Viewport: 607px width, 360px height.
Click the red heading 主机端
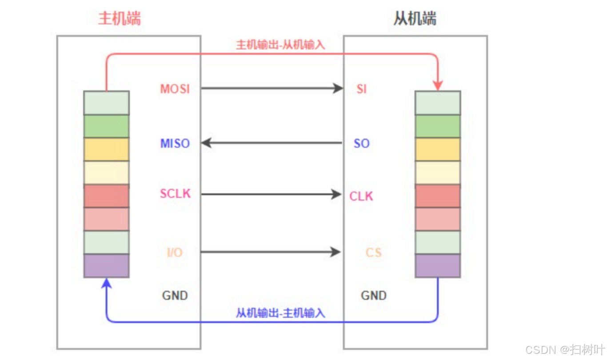coord(119,18)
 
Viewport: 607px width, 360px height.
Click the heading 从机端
coord(415,18)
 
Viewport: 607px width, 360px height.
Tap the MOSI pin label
coord(175,89)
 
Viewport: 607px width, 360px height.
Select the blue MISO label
coord(175,144)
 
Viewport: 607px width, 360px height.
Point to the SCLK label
coord(175,194)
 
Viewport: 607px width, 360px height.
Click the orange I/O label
coord(175,253)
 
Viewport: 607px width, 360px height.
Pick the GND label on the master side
coord(175,296)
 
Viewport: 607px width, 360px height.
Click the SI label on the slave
coord(362,89)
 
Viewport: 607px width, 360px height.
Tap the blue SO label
coord(362,144)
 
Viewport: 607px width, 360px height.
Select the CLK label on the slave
coord(361,196)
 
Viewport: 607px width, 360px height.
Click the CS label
coord(373,253)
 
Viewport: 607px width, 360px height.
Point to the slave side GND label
coord(373,296)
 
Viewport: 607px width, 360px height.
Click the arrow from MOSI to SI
coord(271,88)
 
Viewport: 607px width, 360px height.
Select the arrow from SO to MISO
coord(271,143)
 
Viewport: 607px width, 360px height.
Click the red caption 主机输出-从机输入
coord(280,45)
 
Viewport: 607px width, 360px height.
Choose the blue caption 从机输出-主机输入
coord(280,313)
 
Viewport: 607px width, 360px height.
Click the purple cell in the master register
coord(106,266)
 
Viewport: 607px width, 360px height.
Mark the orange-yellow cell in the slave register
coord(438,149)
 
